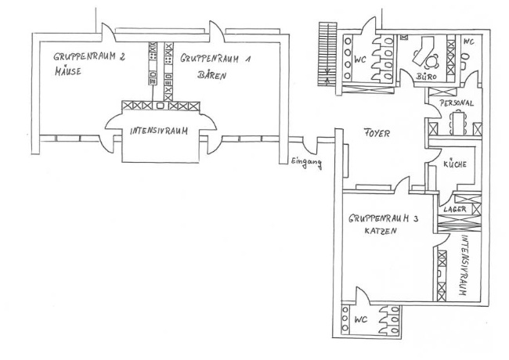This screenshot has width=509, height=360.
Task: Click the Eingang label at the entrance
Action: (306, 162)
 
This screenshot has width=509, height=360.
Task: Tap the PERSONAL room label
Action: (457, 103)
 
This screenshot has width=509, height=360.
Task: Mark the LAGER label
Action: (456, 210)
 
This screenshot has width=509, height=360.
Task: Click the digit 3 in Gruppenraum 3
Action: (417, 220)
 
